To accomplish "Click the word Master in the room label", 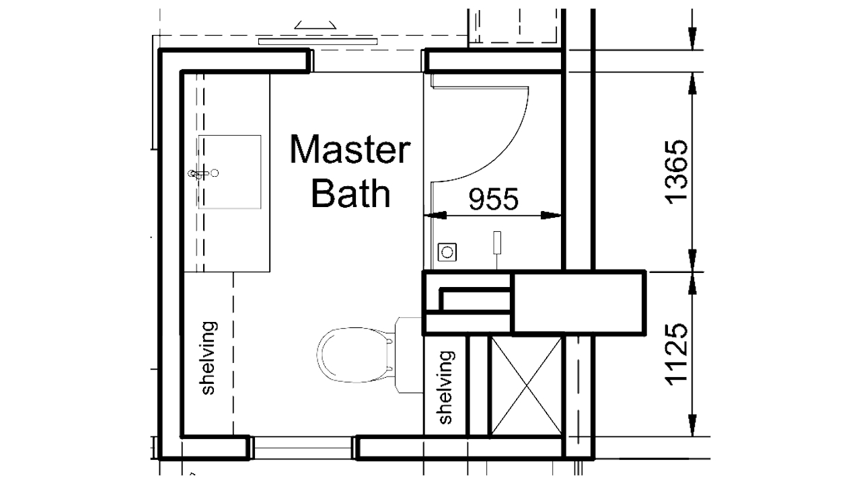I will pos(349,150).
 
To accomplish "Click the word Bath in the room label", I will pos(350,194).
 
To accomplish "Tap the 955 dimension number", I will pos(494,199).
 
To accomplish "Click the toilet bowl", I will pos(353,354).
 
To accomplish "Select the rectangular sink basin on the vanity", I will pos(230,172).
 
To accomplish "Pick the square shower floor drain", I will pos(447,252).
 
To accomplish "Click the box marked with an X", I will pos(525,386).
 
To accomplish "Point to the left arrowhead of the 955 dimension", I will pos(435,216).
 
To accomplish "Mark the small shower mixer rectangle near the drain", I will pos(497,243).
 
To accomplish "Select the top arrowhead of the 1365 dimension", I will pos(693,79).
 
